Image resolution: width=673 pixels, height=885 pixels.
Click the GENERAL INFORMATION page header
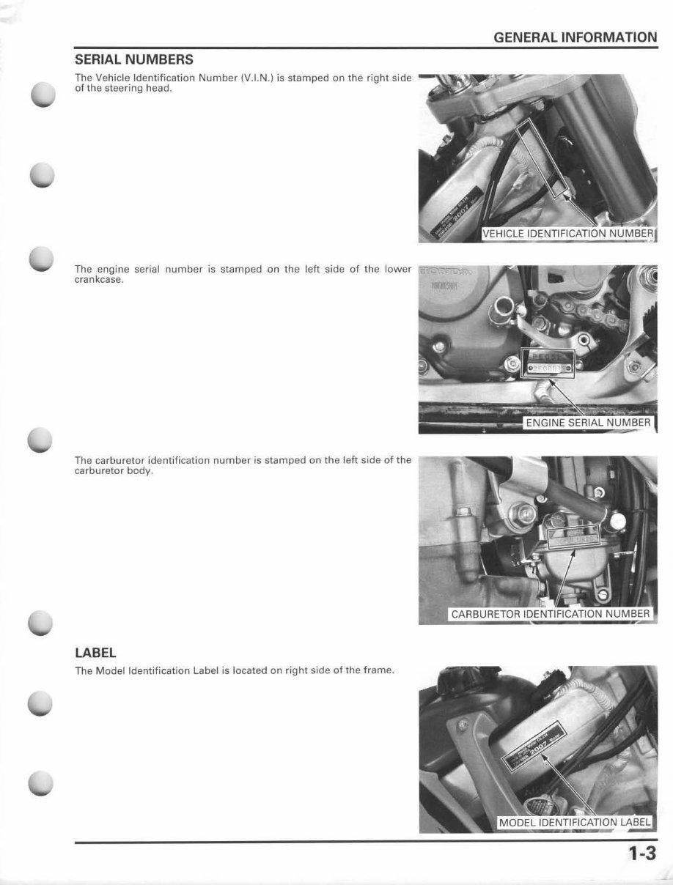click(575, 37)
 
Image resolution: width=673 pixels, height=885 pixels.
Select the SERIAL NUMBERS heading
click(134, 59)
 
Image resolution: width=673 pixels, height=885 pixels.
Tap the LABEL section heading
click(95, 652)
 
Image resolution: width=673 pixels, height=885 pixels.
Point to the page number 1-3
click(640, 854)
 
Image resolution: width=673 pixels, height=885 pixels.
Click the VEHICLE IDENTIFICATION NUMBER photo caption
click(568, 234)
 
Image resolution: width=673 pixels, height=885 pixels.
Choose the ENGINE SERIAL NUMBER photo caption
click(588, 423)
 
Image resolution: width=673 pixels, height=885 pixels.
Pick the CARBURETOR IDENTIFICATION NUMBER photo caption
click(550, 614)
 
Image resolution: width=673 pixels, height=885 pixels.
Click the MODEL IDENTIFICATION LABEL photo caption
click(574, 822)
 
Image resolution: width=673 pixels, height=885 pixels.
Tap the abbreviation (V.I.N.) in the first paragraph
click(257, 78)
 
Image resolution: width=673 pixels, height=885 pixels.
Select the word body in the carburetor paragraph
click(139, 470)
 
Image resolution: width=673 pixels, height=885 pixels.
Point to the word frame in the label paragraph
click(378, 670)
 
